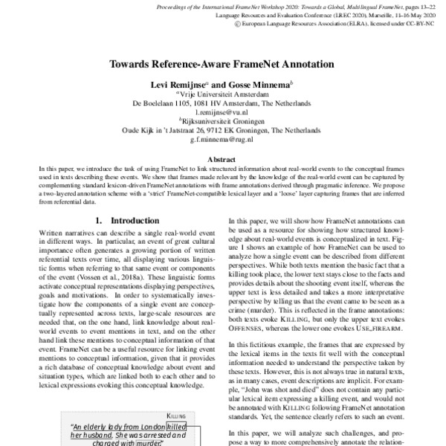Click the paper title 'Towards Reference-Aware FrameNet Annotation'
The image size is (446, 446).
tap(222, 64)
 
